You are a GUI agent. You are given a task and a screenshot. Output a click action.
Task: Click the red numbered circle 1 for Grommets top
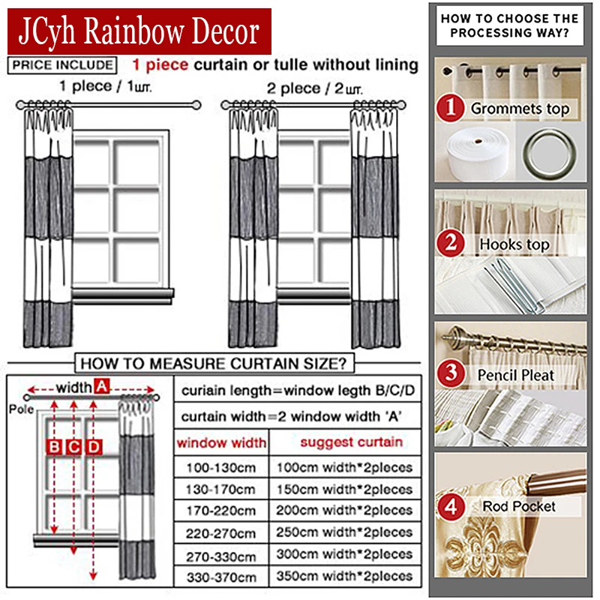[x=451, y=108]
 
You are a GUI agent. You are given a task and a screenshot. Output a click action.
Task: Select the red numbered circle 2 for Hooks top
[x=451, y=243]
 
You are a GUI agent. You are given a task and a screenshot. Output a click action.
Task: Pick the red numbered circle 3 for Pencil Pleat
[x=451, y=373]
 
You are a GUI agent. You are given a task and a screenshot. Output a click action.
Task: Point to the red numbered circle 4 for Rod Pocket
[x=451, y=507]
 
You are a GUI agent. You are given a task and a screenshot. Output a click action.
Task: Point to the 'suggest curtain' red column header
[x=351, y=442]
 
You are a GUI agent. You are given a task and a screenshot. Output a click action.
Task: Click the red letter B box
[x=55, y=447]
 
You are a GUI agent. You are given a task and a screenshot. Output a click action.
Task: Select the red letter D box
[x=94, y=447]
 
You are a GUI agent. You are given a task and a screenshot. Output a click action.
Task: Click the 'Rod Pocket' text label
[x=519, y=506]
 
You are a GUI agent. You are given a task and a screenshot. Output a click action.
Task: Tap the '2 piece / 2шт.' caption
[x=314, y=88]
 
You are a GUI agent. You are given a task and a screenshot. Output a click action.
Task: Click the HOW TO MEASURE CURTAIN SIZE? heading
[x=213, y=364]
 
